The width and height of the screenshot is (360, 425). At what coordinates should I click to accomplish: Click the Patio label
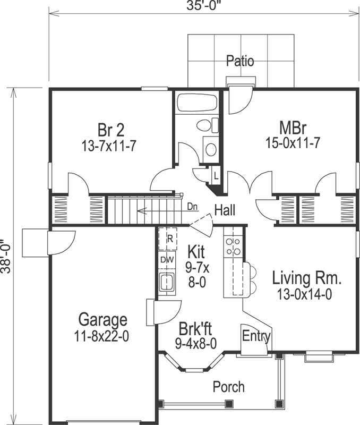[240, 61]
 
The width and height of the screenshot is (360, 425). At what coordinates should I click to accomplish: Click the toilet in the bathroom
[206, 125]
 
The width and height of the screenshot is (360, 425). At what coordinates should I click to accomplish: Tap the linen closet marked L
[216, 174]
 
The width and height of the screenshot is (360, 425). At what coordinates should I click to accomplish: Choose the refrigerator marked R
[169, 238]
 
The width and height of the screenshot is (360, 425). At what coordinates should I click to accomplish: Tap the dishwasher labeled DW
[167, 260]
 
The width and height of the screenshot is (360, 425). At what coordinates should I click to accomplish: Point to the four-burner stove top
[233, 246]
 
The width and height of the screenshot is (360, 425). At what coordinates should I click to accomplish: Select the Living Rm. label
[306, 278]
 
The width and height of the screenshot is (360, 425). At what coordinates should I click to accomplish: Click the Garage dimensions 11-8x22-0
[103, 336]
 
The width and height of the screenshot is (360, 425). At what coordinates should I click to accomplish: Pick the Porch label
[229, 386]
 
